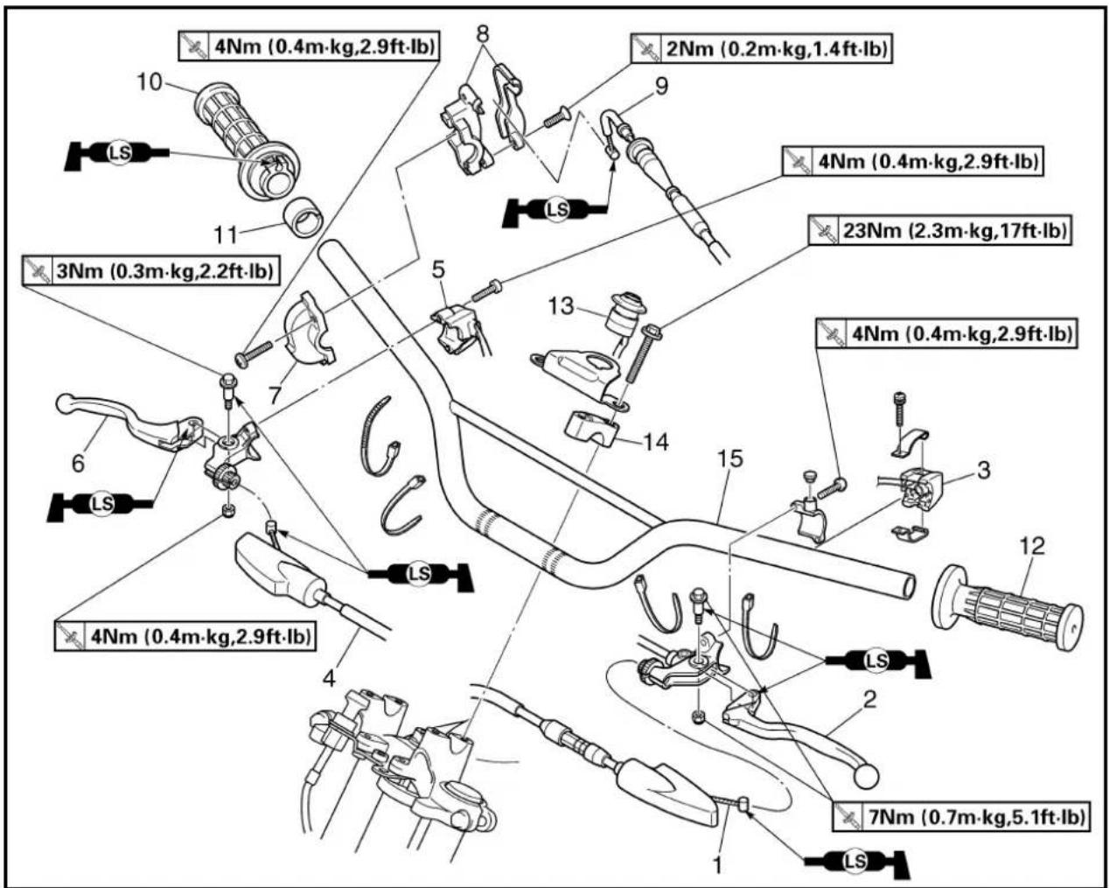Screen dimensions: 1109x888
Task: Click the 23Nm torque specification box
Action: pyautogui.click(x=938, y=230)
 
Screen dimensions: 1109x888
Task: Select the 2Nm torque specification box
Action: pyautogui.click(x=762, y=49)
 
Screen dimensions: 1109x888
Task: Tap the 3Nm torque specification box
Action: pyautogui.click(x=151, y=269)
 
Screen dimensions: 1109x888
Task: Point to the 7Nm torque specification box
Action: pyautogui.click(x=961, y=816)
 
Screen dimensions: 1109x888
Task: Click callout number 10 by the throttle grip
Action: pyautogui.click(x=150, y=81)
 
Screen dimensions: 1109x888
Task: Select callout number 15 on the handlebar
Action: pyautogui.click(x=730, y=458)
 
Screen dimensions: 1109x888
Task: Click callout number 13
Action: pyautogui.click(x=561, y=306)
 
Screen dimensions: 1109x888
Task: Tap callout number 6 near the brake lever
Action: pyautogui.click(x=78, y=463)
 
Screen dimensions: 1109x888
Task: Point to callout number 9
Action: pyautogui.click(x=661, y=86)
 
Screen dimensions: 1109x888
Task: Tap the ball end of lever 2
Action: pyautogui.click(x=866, y=774)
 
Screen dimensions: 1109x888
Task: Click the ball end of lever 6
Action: pyautogui.click(x=67, y=405)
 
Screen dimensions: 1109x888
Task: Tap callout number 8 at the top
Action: pyautogui.click(x=483, y=33)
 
